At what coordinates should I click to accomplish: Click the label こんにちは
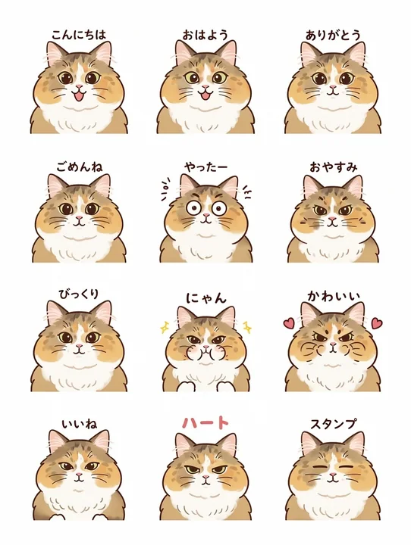click(x=78, y=35)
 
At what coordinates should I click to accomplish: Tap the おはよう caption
click(x=205, y=35)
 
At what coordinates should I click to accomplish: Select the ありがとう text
click(x=332, y=35)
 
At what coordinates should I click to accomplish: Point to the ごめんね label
click(x=78, y=165)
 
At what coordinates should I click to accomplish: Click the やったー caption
click(x=205, y=165)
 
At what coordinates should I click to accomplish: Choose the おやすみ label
click(x=332, y=165)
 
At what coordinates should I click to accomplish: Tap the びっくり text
click(x=78, y=294)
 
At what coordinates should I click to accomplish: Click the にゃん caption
click(x=205, y=297)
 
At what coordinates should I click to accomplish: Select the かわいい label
click(x=332, y=294)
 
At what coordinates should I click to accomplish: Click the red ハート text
click(x=205, y=422)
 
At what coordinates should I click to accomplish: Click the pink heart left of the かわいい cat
click(x=288, y=322)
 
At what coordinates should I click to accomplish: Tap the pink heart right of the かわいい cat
click(x=377, y=322)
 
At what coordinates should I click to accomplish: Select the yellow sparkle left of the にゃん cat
click(x=162, y=327)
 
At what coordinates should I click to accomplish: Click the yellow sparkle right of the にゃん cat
click(x=247, y=327)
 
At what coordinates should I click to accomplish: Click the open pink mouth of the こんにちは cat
click(x=78, y=95)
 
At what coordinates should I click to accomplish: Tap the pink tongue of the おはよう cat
click(x=205, y=95)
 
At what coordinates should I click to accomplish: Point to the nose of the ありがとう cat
click(x=332, y=87)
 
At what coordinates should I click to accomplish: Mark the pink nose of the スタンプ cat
click(x=332, y=476)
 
